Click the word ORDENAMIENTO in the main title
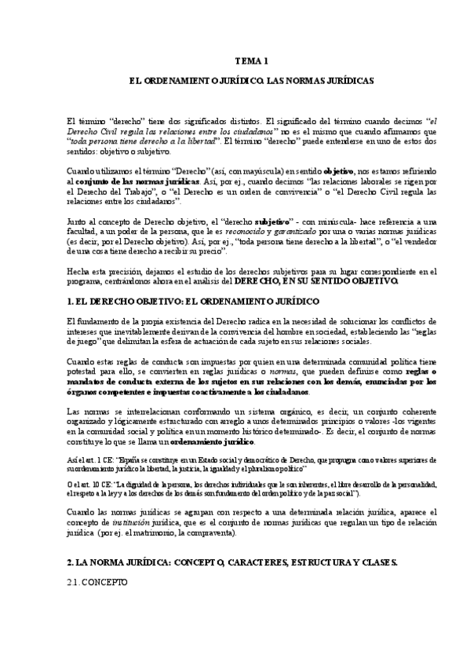click(x=188, y=81)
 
